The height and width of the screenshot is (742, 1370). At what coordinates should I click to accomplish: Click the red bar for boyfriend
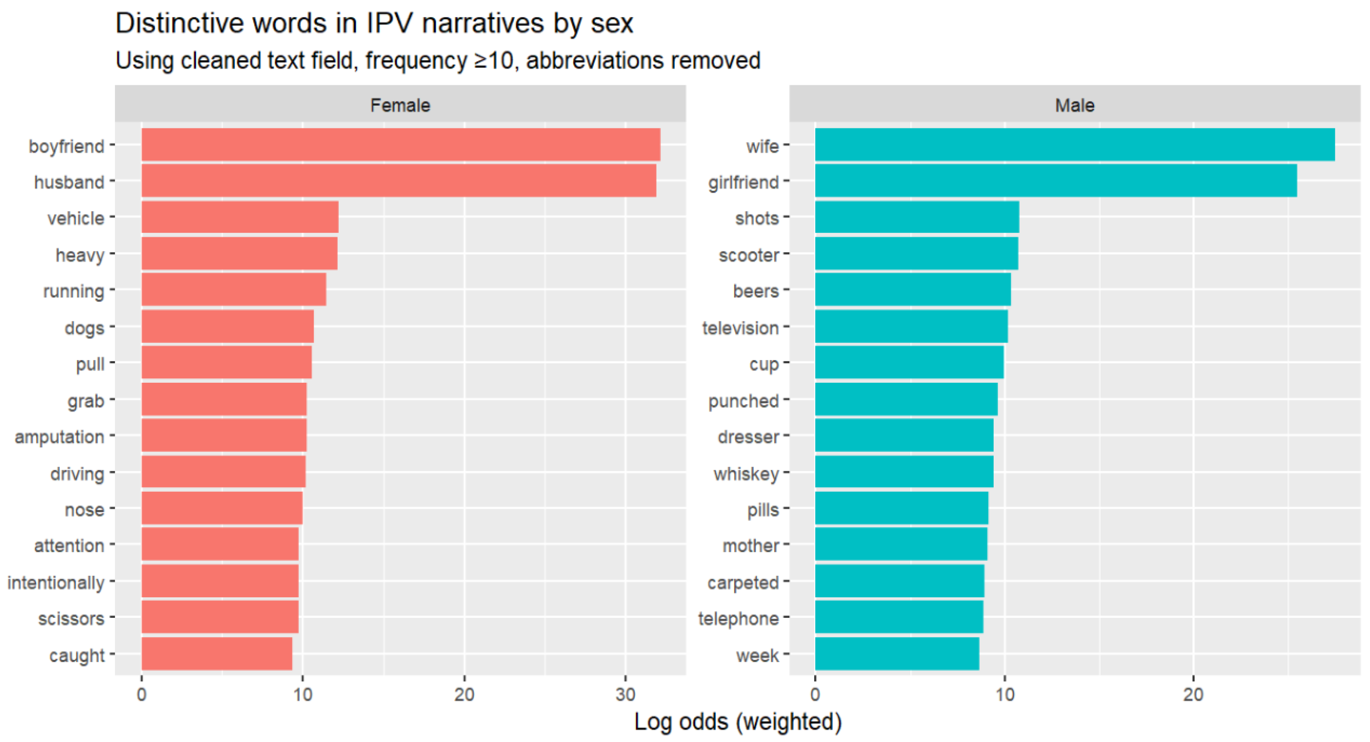[401, 145]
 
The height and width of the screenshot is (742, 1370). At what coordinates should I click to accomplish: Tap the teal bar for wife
[1074, 145]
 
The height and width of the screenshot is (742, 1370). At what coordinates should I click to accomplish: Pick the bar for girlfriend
[1056, 181]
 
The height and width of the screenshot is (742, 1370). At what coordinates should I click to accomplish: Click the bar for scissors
[219, 617]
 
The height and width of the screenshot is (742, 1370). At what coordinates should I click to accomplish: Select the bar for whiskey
[904, 472]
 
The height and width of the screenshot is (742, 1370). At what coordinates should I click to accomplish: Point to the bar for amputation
[224, 435]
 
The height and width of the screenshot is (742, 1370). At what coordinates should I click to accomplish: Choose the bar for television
[911, 327]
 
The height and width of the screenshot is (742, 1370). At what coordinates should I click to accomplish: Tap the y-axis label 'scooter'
[748, 255]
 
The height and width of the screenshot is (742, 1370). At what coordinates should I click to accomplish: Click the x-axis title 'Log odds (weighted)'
[738, 722]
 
